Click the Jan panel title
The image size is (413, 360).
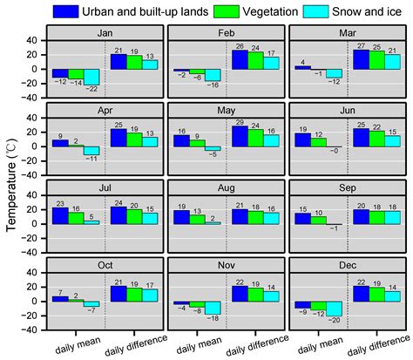104,31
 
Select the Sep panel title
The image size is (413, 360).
346,187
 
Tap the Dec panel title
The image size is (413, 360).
346,264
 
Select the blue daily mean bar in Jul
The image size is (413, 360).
60,216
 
